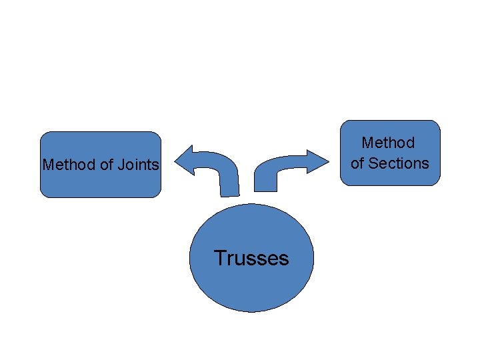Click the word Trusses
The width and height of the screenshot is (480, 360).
pos(251,258)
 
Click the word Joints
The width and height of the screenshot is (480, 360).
pos(143,165)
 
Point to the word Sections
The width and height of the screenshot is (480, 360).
pos(399,163)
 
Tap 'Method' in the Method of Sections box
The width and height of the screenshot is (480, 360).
pos(388,143)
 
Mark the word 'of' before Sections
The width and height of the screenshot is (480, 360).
pos(358,163)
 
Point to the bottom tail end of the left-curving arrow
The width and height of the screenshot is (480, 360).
pos(229,193)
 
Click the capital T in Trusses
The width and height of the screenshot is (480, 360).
pos(220,258)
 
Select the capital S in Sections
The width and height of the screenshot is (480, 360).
pos(373,163)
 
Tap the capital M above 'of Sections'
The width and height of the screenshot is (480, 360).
pos(367,143)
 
